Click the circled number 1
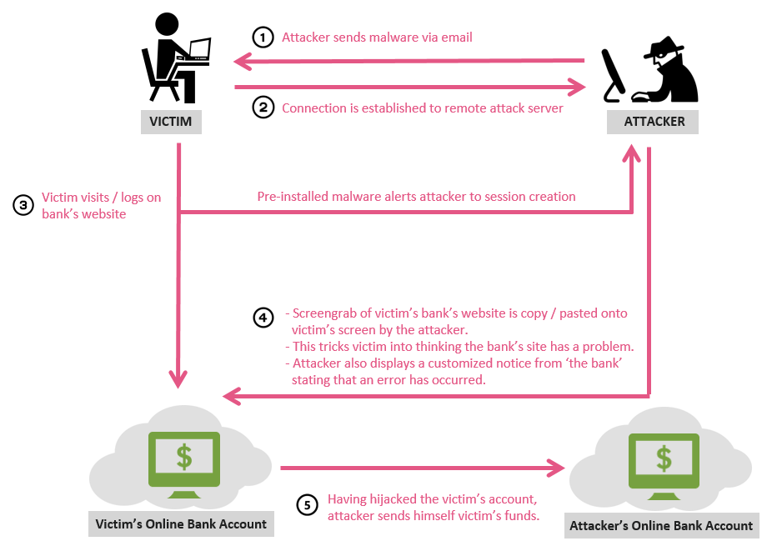pyautogui.click(x=263, y=38)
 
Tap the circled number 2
pyautogui.click(x=263, y=108)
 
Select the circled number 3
pyautogui.click(x=23, y=205)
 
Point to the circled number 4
pyautogui.click(x=263, y=318)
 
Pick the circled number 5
pyautogui.click(x=308, y=504)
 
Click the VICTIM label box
pyautogui.click(x=170, y=122)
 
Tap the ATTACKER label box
pyautogui.click(x=654, y=122)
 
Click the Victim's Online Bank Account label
pyautogui.click(x=181, y=524)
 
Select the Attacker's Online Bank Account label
pyautogui.click(x=661, y=525)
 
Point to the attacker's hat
pyautogui.click(x=664, y=48)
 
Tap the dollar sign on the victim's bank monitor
pyautogui.click(x=183, y=457)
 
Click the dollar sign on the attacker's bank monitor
pyautogui.click(x=664, y=458)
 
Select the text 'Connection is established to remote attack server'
pyautogui.click(x=423, y=108)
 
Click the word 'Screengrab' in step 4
pyautogui.click(x=323, y=313)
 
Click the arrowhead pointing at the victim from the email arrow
pyautogui.click(x=243, y=61)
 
